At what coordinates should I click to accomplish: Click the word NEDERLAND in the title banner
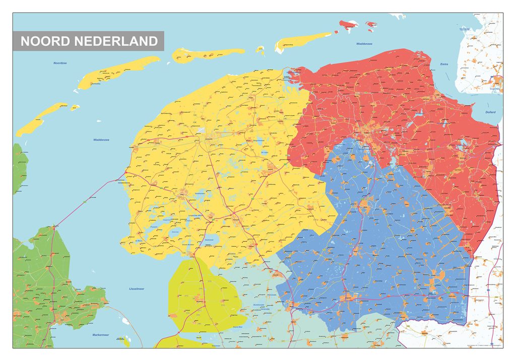[116, 41]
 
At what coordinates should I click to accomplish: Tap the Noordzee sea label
[60, 63]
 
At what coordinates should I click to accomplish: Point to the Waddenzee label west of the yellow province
[101, 139]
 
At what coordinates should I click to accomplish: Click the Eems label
[444, 64]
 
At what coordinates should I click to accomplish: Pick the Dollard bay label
[490, 112]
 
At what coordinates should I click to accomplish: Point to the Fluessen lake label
[155, 227]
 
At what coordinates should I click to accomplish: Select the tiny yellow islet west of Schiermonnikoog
[261, 49]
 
